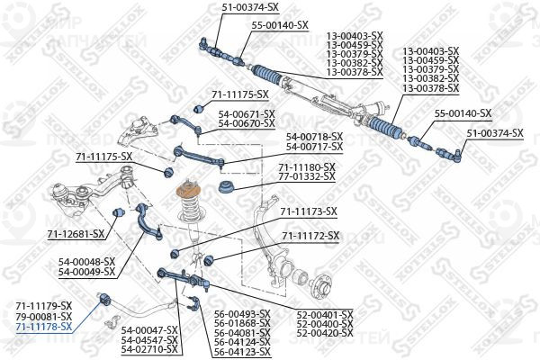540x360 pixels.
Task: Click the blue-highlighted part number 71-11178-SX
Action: [44, 327]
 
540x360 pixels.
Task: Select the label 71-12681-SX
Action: [76, 234]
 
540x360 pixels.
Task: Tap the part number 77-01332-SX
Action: [307, 176]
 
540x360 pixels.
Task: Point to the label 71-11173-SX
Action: [308, 211]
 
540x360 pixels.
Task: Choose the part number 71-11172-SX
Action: [310, 236]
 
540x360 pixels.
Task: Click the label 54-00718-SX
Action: [314, 137]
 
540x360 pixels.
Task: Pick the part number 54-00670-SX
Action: [247, 123]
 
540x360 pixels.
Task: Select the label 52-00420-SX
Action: [325, 333]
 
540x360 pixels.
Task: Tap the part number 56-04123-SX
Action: [242, 352]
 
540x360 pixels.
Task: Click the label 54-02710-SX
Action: [149, 349]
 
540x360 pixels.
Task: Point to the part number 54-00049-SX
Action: [86, 272]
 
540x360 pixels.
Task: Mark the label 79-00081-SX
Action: [44, 316]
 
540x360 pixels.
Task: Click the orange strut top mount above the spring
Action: [188, 191]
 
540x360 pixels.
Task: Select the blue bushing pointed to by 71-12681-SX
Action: [118, 212]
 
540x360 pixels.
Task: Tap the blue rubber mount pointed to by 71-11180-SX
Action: [227, 187]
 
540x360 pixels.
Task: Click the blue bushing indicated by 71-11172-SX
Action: [209, 260]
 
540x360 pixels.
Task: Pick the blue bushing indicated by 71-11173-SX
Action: [175, 254]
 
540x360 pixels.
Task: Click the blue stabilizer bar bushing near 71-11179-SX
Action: [104, 298]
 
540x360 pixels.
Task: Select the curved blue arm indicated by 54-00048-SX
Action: [148, 221]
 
